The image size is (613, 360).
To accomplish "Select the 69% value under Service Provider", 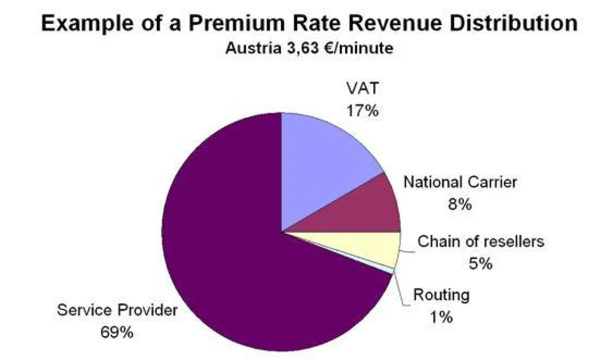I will [x=117, y=332].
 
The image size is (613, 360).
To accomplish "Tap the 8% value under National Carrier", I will [x=460, y=205].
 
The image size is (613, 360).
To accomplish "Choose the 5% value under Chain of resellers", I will [x=480, y=263].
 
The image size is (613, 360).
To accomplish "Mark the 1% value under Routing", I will [x=441, y=317].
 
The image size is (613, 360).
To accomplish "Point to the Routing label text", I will [x=441, y=295].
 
